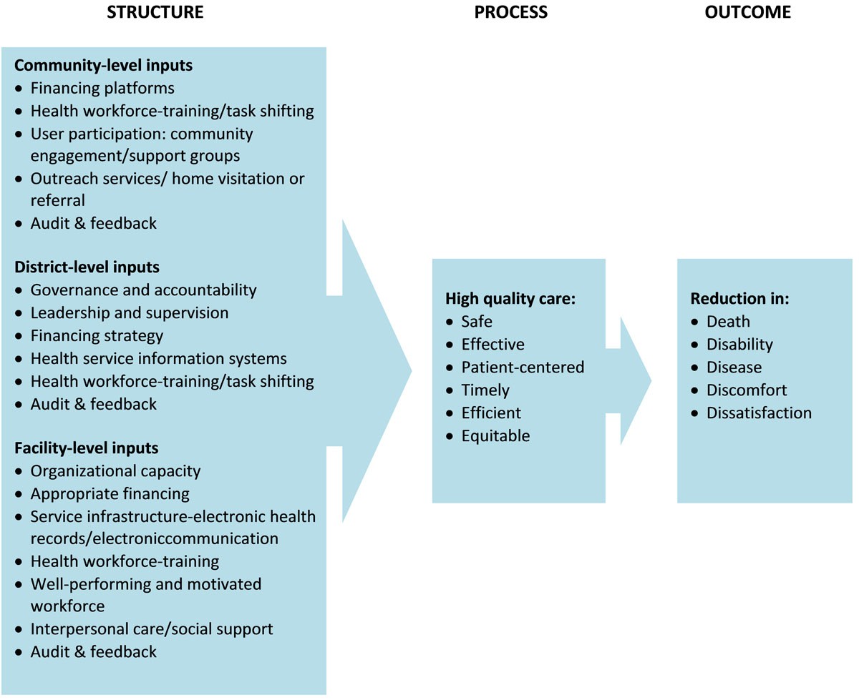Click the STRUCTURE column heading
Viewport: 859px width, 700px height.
pos(155,12)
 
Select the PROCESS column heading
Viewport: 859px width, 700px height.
pos(510,12)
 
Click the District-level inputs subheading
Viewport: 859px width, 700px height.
pos(87,267)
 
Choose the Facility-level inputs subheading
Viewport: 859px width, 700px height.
pos(86,448)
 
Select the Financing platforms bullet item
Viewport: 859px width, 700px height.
pos(102,88)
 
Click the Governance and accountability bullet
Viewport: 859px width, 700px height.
pos(143,290)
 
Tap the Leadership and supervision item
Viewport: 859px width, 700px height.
pos(130,312)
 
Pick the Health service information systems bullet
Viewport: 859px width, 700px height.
pos(158,358)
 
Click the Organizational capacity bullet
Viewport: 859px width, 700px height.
pos(115,471)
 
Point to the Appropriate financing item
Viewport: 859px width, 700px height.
pos(110,493)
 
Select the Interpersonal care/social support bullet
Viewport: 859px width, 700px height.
pos(152,629)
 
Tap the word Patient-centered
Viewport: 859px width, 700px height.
pos(523,367)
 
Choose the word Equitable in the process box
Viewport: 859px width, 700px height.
pos(495,435)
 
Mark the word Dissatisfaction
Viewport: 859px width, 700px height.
pos(759,413)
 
